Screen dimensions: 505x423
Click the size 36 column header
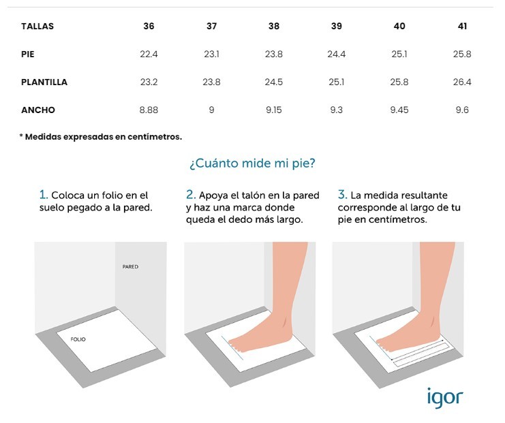click(149, 26)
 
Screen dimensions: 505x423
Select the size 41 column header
click(462, 26)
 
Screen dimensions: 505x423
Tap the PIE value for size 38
click(274, 54)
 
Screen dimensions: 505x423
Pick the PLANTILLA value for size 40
click(399, 82)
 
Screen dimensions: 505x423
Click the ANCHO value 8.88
click(149, 110)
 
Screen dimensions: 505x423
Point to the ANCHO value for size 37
click(211, 110)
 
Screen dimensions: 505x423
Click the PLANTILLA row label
click(44, 82)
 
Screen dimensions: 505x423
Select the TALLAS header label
click(37, 26)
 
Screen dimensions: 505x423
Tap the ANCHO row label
click(38, 110)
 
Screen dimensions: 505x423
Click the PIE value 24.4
click(337, 54)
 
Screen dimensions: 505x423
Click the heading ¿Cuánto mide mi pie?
click(252, 163)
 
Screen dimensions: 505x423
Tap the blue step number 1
click(43, 195)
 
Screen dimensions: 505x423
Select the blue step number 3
click(342, 194)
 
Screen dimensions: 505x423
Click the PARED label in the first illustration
click(130, 266)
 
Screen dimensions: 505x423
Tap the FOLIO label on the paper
click(78, 339)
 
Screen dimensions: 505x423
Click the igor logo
click(445, 398)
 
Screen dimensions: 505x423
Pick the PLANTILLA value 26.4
click(462, 82)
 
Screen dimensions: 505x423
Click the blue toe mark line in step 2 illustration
click(232, 348)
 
